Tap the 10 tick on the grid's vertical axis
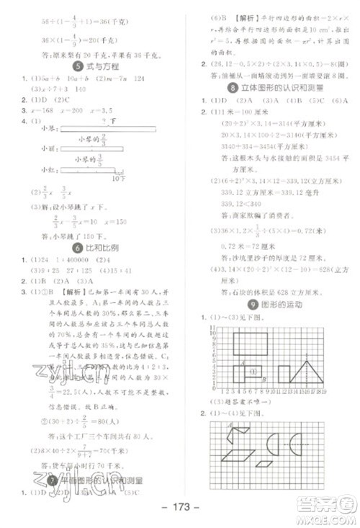[x=211, y=328]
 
